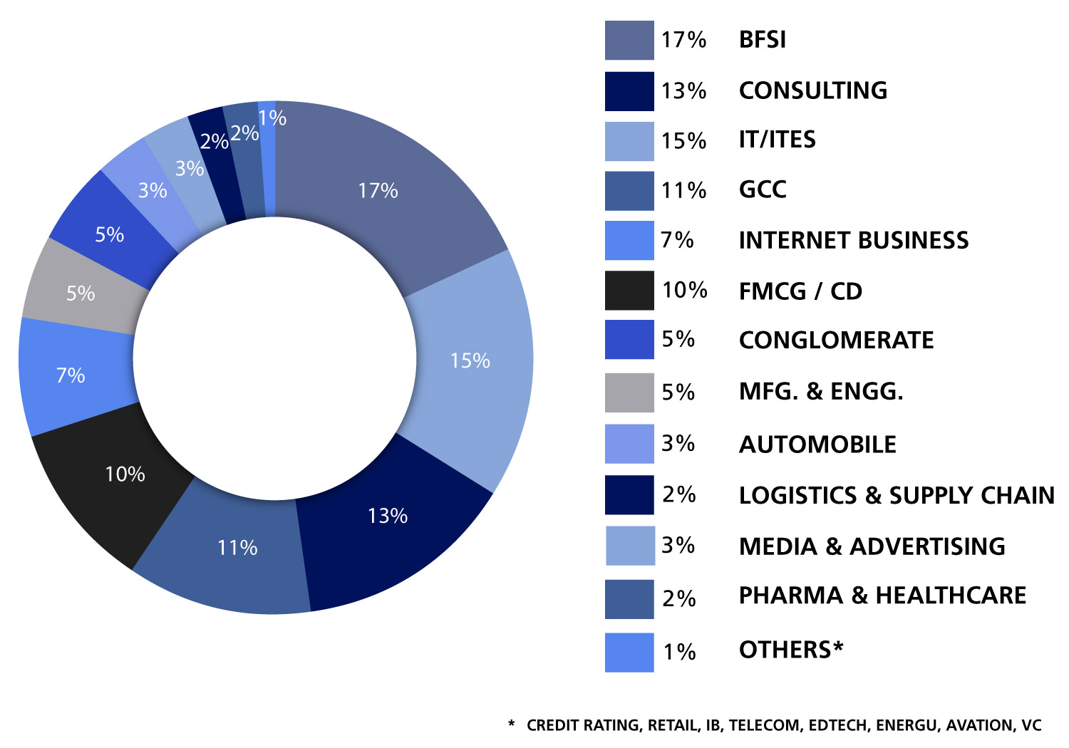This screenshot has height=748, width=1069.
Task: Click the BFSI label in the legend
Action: click(x=762, y=40)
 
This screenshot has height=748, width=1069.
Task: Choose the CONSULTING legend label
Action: click(x=813, y=90)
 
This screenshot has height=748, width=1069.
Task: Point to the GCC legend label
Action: click(x=763, y=189)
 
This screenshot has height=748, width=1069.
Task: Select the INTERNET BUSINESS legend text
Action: click(x=853, y=240)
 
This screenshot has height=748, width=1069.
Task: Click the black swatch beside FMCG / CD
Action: click(x=629, y=291)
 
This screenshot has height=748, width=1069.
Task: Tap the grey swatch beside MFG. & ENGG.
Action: click(x=629, y=393)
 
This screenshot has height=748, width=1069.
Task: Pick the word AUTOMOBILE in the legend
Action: click(x=817, y=445)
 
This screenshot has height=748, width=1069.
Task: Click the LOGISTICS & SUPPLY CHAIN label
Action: click(x=897, y=495)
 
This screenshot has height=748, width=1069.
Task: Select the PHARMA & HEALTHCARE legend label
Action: click(x=882, y=596)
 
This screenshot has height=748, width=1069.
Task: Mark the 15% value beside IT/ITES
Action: click(x=683, y=140)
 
